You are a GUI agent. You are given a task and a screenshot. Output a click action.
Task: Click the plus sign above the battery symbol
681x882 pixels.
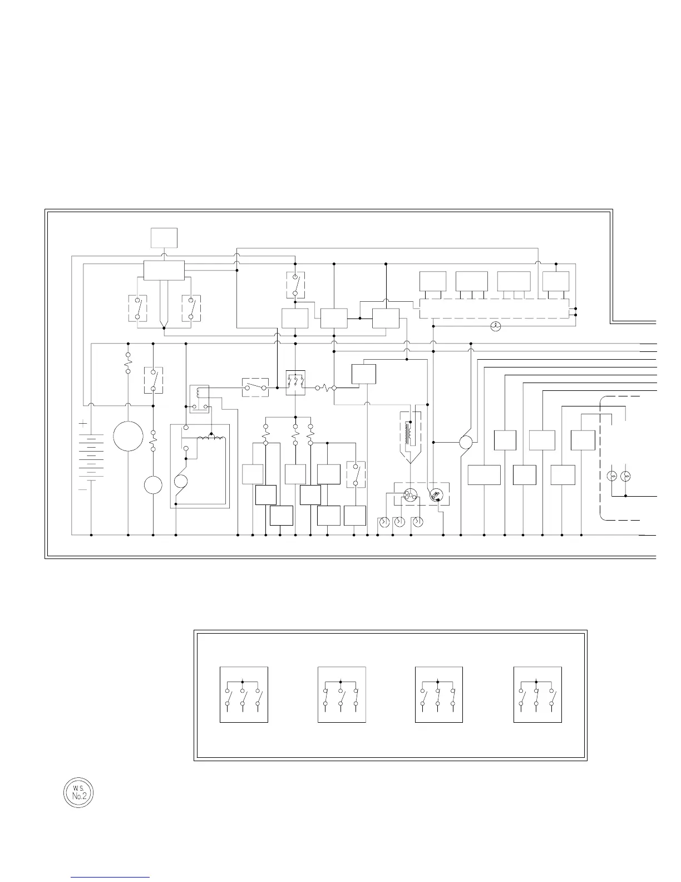(x=83, y=424)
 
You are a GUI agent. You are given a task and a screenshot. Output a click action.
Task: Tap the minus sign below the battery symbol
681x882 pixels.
(x=83, y=489)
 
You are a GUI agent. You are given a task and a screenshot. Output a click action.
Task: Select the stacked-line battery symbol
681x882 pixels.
(x=87, y=457)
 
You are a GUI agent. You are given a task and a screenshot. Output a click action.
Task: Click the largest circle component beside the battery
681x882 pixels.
(x=128, y=436)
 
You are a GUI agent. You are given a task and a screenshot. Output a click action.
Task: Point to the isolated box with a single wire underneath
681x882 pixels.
(x=164, y=238)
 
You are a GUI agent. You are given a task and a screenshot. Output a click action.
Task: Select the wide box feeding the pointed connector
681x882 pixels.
(x=164, y=270)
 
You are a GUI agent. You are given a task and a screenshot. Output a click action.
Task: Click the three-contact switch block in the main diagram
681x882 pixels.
(x=295, y=383)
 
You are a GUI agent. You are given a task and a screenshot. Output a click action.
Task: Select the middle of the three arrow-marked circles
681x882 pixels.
(x=399, y=522)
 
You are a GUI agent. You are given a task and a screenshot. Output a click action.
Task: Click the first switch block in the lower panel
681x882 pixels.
(x=244, y=694)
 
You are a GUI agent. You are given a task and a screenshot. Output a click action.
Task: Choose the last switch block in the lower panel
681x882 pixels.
(x=537, y=694)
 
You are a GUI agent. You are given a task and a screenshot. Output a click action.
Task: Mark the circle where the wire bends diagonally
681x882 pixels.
(x=466, y=443)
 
